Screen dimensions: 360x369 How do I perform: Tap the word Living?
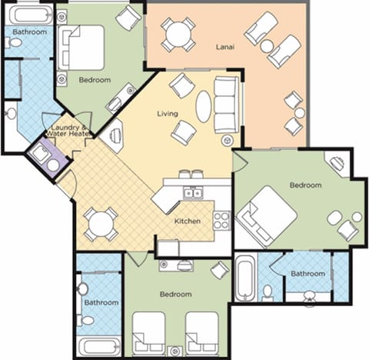point(167,114)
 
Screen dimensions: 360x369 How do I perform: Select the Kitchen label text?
point(187,222)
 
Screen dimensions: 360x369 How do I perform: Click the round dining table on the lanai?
point(178,34)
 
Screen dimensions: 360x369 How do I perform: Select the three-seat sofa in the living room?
point(226,104)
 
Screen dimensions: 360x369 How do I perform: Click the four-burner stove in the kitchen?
point(221,221)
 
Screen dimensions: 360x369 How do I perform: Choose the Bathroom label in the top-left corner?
point(29,32)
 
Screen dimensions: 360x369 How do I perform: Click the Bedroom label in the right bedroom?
point(306,185)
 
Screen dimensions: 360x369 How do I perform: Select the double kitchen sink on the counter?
point(191,194)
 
